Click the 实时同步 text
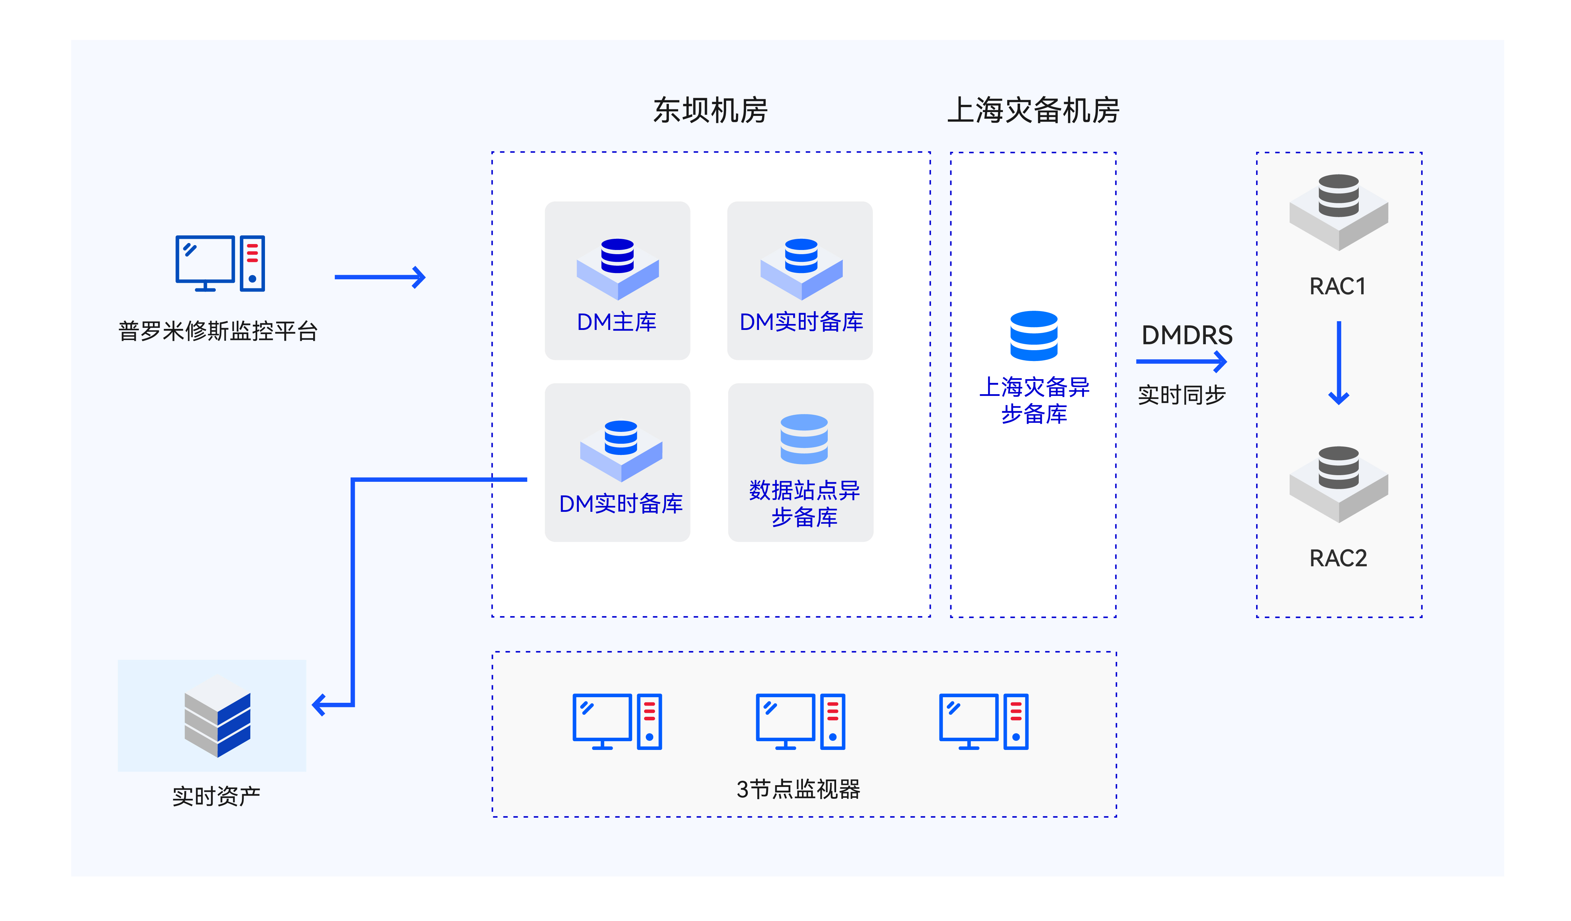[1181, 395]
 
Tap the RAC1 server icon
[1338, 212]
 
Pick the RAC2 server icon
[1338, 484]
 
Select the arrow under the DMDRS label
[1181, 362]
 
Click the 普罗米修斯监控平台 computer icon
[220, 263]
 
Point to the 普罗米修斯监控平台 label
[218, 331]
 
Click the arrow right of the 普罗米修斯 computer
[380, 277]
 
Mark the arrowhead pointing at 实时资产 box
[319, 705]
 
